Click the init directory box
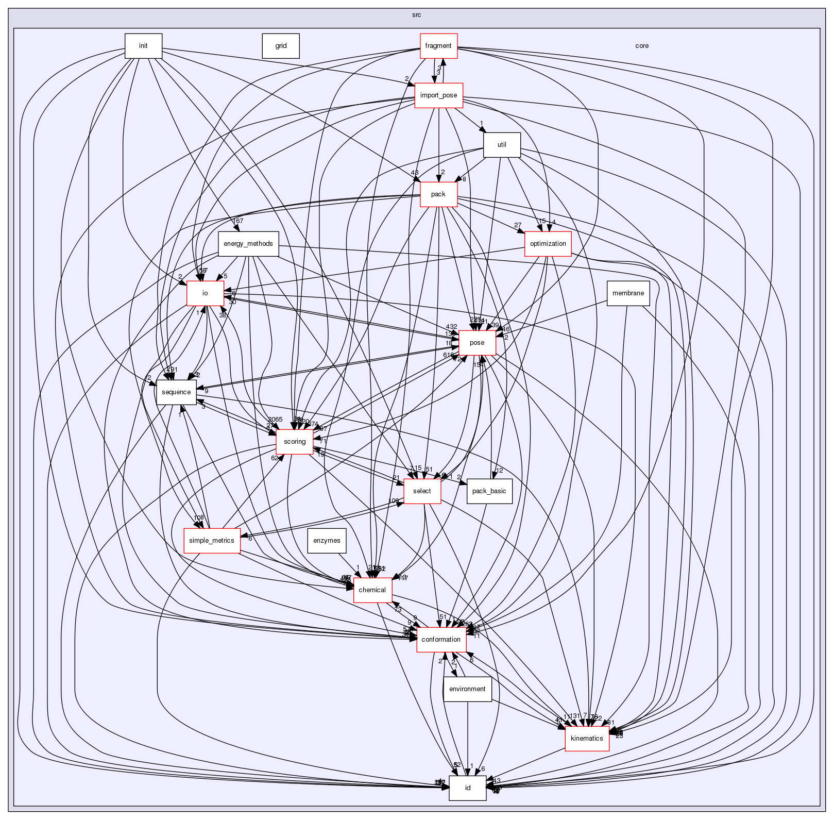[143, 46]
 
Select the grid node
[281, 46]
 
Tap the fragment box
[438, 46]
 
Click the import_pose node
[438, 95]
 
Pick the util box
[502, 145]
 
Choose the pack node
[438, 194]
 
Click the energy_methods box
[248, 244]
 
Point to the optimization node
[548, 244]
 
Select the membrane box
[628, 293]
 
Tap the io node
[205, 293]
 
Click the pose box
[477, 343]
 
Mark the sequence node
[176, 392]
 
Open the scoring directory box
[295, 442]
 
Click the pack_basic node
[489, 491]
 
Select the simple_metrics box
[212, 541]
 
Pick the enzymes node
[327, 541]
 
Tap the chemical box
[372, 590]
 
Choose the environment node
[467, 689]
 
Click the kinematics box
[587, 739]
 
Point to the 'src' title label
[416, 15]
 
